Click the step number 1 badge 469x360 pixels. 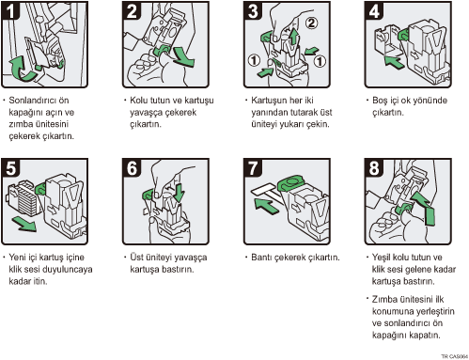click(10, 10)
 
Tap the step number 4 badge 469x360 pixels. click(374, 10)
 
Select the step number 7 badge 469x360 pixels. click(253, 168)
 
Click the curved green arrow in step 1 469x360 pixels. click(22, 68)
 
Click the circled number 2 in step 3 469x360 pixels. click(311, 23)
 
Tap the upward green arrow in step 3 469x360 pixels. click(293, 36)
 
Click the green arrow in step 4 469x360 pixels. click(395, 61)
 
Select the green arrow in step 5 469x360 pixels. click(24, 224)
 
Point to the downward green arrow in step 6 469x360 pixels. click(180, 193)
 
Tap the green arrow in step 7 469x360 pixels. click(267, 206)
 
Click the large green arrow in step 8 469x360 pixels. click(424, 208)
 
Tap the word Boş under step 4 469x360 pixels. click(380, 101)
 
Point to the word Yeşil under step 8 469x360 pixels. click(382, 258)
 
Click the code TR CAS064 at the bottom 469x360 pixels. click(454, 356)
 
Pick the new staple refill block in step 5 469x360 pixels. click(23, 199)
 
